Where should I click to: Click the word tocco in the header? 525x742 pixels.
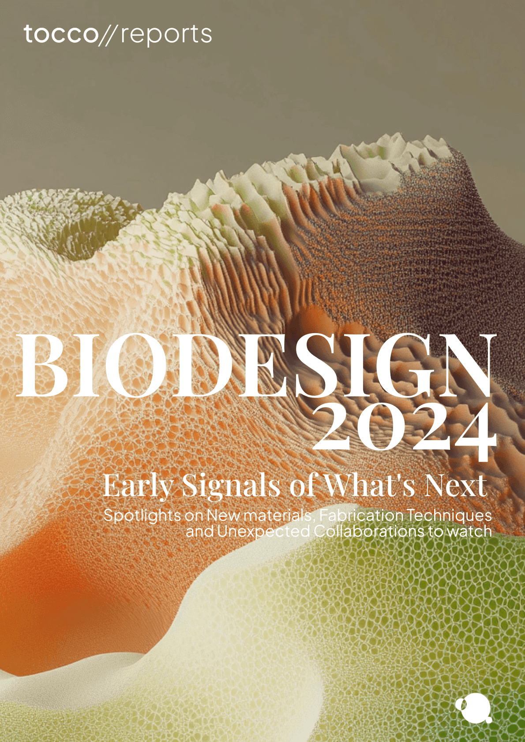60,34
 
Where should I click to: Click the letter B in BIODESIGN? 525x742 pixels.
43,366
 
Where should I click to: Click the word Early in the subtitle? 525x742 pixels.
138,486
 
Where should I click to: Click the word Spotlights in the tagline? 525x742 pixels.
142,515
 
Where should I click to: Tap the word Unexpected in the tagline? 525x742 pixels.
263,531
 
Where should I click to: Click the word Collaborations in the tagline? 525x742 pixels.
368,531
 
